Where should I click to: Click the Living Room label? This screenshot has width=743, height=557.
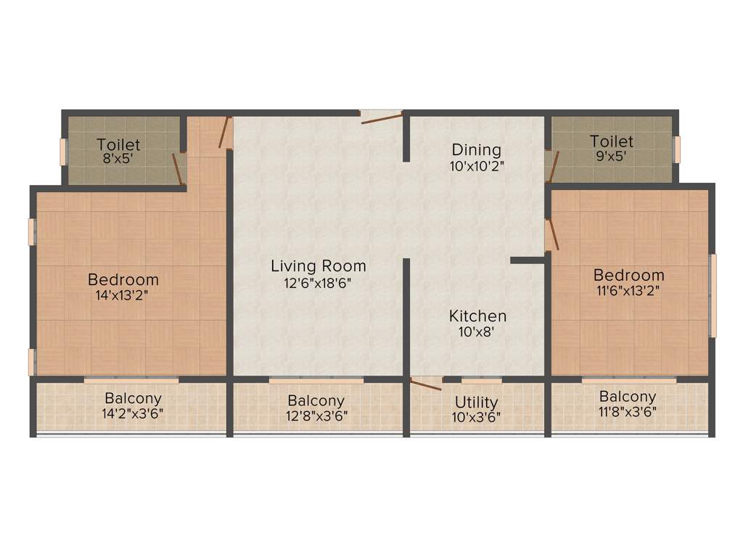pos(318,265)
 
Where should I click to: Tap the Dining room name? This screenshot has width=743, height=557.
pos(476,149)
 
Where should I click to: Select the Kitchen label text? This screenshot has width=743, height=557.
pos(477,316)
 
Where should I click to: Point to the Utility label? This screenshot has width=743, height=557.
pos(476,402)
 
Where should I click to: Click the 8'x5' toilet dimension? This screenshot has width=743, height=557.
pos(119,158)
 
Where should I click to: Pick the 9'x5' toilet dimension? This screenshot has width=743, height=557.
pos(611,155)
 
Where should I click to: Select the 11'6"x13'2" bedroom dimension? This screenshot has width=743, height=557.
pos(628,291)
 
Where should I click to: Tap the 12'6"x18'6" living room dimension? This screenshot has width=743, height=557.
pos(318,283)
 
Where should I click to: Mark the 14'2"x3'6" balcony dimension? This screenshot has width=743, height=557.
pos(133,416)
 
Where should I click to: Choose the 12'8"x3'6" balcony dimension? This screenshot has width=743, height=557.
pos(316,416)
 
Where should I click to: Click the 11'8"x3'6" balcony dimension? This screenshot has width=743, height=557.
pos(628,413)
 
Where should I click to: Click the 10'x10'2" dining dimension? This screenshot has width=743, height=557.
pos(476,165)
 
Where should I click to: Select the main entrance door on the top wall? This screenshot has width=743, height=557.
pos(382,116)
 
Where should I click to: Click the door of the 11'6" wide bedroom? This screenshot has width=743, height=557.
pos(552,235)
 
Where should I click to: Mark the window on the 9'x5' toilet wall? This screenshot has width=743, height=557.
pos(676,149)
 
